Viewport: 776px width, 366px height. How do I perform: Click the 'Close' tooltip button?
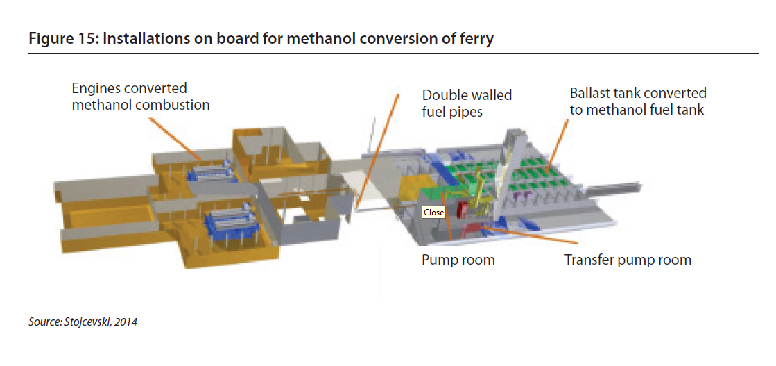(434, 213)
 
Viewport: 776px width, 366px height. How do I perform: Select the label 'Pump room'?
(458, 260)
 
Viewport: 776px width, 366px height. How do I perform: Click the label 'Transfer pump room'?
(628, 260)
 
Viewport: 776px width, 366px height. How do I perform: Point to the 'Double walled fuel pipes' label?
(467, 103)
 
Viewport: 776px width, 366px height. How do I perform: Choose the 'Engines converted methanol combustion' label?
(141, 97)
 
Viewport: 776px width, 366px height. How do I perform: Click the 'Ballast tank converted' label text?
(638, 93)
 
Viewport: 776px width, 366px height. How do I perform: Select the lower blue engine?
(230, 224)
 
